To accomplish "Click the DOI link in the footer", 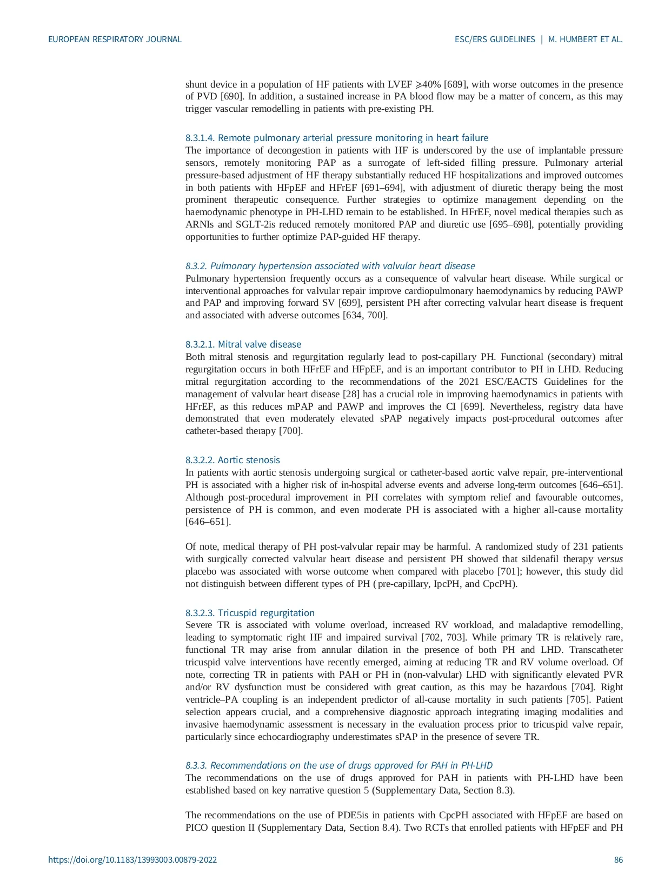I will click(132, 859).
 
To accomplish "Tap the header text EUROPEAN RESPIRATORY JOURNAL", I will click(115, 39).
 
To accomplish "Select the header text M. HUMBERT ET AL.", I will click(586, 39).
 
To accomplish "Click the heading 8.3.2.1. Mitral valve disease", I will click(243, 344).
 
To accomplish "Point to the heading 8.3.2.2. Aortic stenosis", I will click(232, 460).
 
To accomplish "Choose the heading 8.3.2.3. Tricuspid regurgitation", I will click(250, 613).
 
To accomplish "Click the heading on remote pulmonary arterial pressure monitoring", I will click(336, 138).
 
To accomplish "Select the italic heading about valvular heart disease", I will click(330, 266).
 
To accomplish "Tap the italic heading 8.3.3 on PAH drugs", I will click(338, 765).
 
